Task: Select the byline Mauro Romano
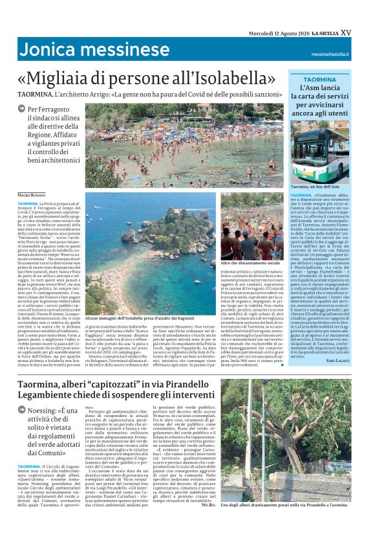(x=32, y=194)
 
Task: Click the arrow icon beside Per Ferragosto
(x=23, y=110)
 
